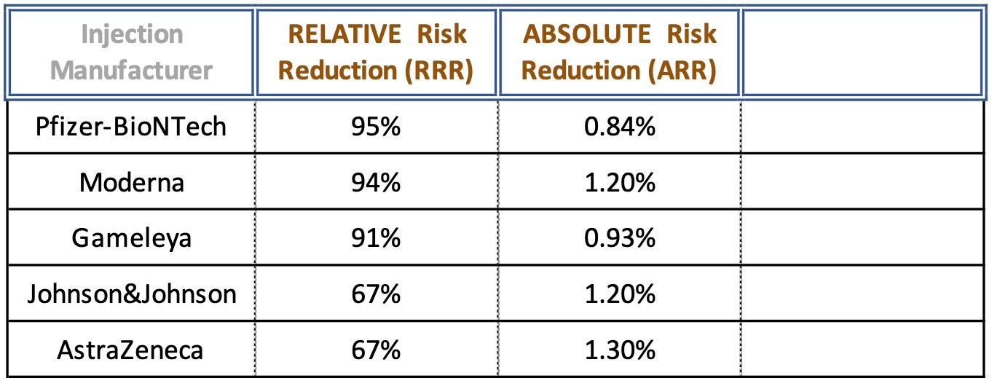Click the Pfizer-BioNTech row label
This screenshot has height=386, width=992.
(132, 127)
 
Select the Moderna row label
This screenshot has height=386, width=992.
(132, 182)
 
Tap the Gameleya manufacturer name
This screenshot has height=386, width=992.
(132, 238)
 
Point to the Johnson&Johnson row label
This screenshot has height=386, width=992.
(132, 294)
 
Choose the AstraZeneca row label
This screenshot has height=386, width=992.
(132, 350)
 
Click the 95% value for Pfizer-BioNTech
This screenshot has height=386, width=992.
(376, 127)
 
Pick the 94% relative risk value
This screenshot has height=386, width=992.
(376, 182)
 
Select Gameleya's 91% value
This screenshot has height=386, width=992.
(376, 238)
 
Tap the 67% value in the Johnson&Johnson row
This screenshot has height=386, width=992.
(376, 294)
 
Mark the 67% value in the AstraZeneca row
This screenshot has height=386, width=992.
(376, 350)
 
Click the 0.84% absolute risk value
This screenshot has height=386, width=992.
(619, 127)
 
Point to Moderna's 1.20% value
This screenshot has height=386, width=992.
(619, 182)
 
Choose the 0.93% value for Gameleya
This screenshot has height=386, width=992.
(619, 238)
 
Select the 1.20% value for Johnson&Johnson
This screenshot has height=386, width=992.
(619, 294)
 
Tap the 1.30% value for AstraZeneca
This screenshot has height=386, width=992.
(619, 350)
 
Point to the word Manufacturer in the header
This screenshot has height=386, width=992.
(133, 71)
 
